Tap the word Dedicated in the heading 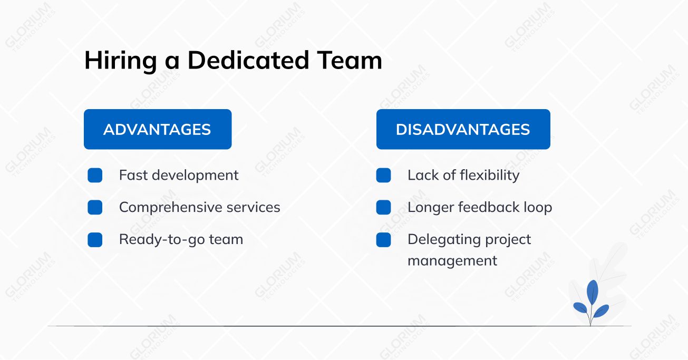click(x=248, y=61)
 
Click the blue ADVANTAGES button click(x=157, y=130)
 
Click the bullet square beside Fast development click(x=95, y=176)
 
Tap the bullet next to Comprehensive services click(x=95, y=208)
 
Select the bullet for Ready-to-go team click(x=95, y=240)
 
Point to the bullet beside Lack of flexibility click(x=383, y=176)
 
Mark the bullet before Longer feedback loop click(x=383, y=208)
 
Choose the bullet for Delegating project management click(x=383, y=240)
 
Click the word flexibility click(x=490, y=176)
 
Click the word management click(x=452, y=261)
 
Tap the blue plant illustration click(x=591, y=302)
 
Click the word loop click(x=538, y=208)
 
